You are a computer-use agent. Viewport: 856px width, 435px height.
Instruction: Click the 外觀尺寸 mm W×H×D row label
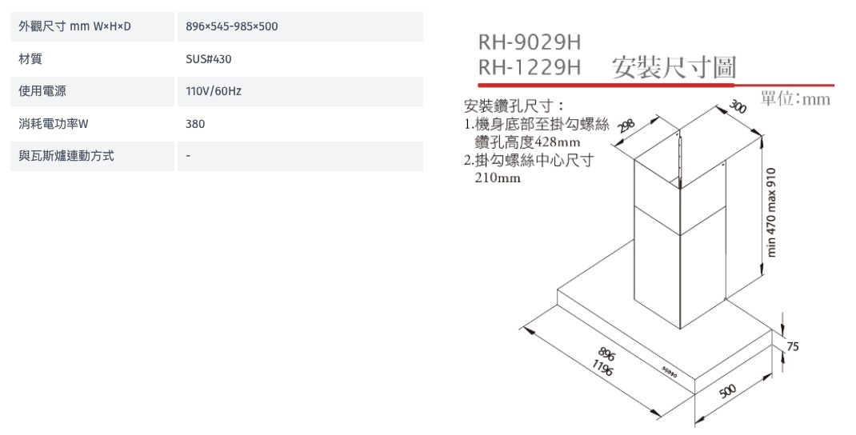[74, 26]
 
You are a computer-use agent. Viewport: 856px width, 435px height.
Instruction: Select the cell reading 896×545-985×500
[231, 26]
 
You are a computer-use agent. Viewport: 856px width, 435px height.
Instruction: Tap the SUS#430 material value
[209, 59]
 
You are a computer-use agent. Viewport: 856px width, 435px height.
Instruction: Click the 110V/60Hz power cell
[214, 91]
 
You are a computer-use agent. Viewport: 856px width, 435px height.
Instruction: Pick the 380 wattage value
[195, 124]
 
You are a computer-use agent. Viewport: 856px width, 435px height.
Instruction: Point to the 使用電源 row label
[42, 91]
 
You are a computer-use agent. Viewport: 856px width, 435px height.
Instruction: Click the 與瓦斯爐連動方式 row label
[66, 156]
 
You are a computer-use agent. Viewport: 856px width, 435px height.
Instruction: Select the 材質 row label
[30, 59]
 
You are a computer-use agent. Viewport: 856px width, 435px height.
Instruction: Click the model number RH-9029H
[530, 42]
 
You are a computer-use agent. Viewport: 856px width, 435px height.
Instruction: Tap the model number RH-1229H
[530, 67]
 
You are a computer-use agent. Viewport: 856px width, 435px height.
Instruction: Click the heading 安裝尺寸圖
[674, 68]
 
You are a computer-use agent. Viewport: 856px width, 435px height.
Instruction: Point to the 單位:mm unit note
[795, 99]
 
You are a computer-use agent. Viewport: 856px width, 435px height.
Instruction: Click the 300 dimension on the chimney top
[738, 106]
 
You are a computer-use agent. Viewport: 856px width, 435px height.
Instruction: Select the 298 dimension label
[626, 126]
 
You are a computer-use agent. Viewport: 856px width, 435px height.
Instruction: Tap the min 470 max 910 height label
[771, 213]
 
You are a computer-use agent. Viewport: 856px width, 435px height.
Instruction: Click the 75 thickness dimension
[793, 346]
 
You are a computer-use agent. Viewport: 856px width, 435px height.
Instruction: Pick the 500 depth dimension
[728, 391]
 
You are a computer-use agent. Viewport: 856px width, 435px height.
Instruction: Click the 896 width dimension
[606, 353]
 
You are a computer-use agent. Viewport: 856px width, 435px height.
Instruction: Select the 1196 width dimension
[602, 369]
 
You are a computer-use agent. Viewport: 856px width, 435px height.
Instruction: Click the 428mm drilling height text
[558, 142]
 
